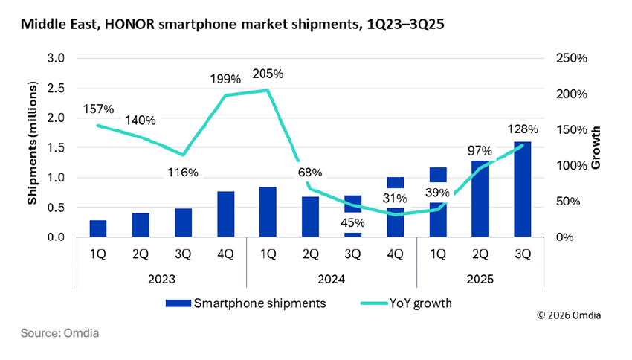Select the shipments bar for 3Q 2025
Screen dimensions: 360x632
click(x=523, y=189)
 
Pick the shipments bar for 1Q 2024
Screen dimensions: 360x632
click(x=268, y=212)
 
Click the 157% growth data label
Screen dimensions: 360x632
click(x=98, y=109)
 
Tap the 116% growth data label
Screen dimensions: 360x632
click(x=183, y=173)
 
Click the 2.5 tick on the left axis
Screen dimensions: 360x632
click(x=57, y=89)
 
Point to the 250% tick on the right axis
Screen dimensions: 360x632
click(x=570, y=58)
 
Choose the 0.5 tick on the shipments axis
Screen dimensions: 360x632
click(x=57, y=208)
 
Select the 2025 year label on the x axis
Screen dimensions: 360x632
click(x=480, y=280)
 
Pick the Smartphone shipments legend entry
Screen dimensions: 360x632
click(x=245, y=303)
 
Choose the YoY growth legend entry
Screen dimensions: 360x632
click(x=402, y=303)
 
